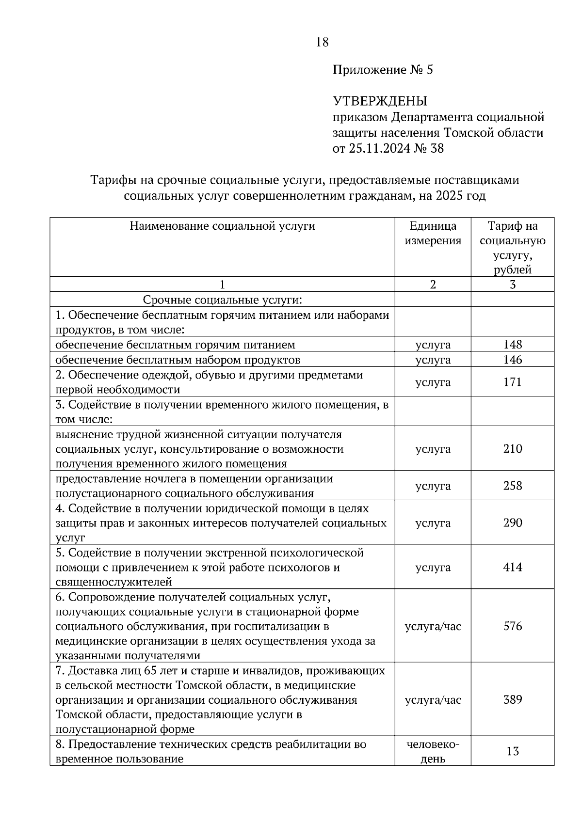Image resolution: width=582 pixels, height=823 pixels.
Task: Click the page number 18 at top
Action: coord(322,42)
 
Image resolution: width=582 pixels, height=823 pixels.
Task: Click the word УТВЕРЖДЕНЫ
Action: coord(380,101)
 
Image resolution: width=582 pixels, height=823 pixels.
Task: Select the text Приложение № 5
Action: coord(383,70)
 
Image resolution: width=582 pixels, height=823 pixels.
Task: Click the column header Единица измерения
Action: coord(433,233)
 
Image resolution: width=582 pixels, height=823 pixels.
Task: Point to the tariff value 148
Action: coord(513,345)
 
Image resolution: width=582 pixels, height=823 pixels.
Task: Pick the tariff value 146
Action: coord(513,360)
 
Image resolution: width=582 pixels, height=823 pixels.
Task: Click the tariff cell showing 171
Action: coord(513,382)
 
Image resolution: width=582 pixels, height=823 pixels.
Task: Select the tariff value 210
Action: coord(513,449)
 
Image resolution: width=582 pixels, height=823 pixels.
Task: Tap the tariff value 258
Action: coord(513,486)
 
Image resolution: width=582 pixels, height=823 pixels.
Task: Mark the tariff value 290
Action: coord(513,523)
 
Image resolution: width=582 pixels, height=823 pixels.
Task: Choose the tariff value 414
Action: coord(513,567)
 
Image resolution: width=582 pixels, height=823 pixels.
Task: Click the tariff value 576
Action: coord(513,626)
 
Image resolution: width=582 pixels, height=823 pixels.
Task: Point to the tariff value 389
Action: coord(513,700)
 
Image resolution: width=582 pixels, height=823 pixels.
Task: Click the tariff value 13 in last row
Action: coord(513,751)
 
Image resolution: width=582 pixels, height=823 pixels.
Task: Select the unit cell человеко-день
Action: coord(433,751)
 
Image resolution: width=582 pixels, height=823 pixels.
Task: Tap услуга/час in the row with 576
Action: coord(433,626)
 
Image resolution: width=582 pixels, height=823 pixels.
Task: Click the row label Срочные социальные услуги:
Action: coord(222,300)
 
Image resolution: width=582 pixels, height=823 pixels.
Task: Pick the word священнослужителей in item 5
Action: coord(114,582)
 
